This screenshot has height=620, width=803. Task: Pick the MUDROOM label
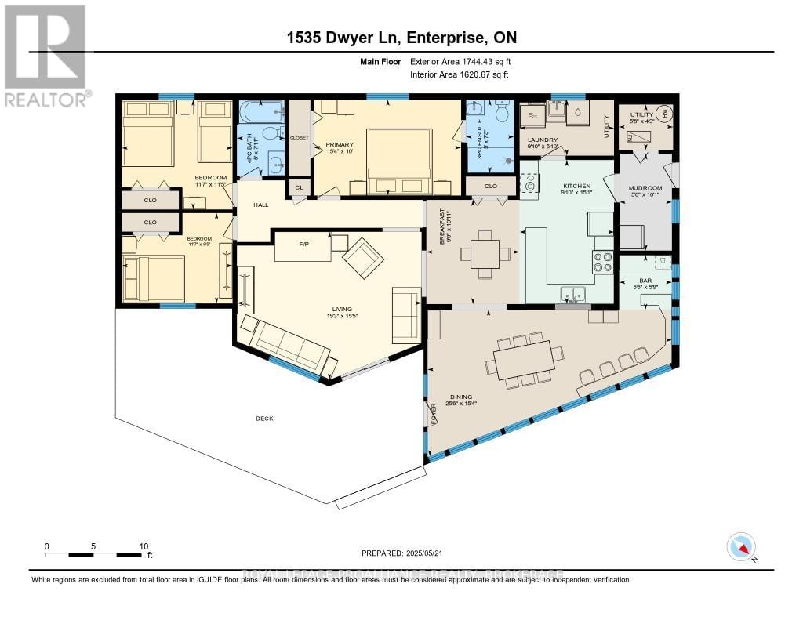tap(645, 189)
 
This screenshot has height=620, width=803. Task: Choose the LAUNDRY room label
tap(542, 140)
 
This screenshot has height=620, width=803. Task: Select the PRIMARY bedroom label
tap(340, 145)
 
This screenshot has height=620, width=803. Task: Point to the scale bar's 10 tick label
tap(143, 546)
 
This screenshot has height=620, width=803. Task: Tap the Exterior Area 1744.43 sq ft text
tap(460, 61)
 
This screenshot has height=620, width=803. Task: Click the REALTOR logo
tap(45, 55)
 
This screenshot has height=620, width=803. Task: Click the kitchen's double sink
tap(574, 295)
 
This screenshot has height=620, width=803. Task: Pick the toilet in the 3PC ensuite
tap(500, 112)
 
